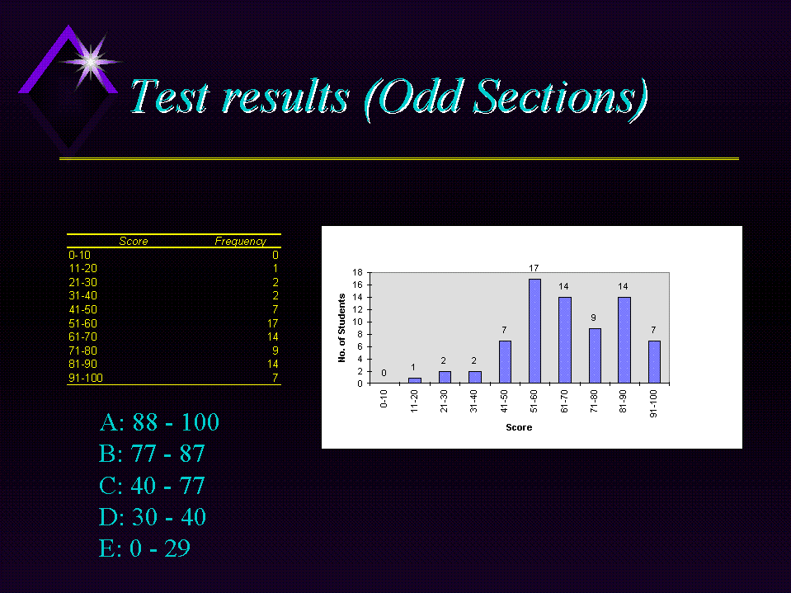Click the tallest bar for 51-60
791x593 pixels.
pyautogui.click(x=534, y=331)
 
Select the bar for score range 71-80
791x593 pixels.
pyautogui.click(x=595, y=355)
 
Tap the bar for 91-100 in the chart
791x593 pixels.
pyautogui.click(x=654, y=362)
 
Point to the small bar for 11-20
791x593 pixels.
pyautogui.click(x=415, y=380)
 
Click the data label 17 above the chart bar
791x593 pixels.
pyautogui.click(x=534, y=268)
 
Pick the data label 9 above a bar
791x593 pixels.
pyautogui.click(x=593, y=318)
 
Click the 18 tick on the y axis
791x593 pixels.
pyautogui.click(x=357, y=272)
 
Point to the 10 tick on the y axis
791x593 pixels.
pyautogui.click(x=357, y=322)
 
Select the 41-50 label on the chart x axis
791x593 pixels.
pyautogui.click(x=504, y=402)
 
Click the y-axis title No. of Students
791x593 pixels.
pyautogui.click(x=341, y=327)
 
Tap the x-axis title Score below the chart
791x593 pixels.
pyautogui.click(x=519, y=427)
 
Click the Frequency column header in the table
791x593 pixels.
pyautogui.click(x=240, y=241)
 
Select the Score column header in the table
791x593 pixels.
pyautogui.click(x=133, y=241)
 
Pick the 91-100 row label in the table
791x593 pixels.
pyautogui.click(x=85, y=378)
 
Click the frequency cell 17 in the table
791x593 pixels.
pyautogui.click(x=272, y=323)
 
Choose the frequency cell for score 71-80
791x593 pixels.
pyautogui.click(x=275, y=351)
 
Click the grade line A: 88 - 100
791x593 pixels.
pyautogui.click(x=159, y=422)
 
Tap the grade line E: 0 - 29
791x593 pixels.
pyautogui.click(x=144, y=548)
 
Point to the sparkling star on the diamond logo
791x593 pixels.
pyautogui.click(x=90, y=62)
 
